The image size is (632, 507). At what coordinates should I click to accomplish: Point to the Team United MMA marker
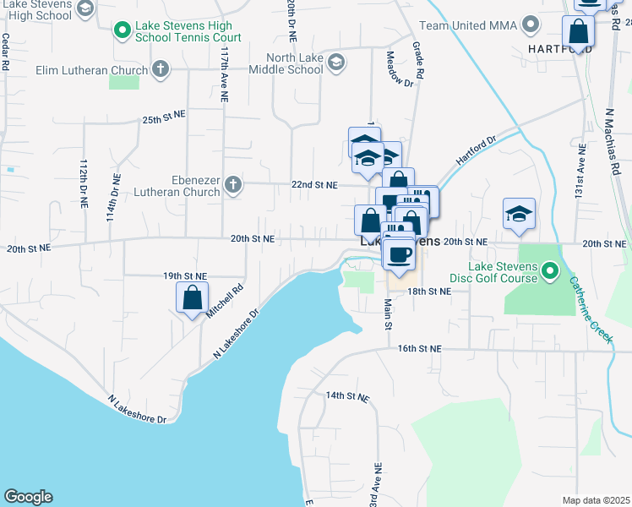(x=531, y=25)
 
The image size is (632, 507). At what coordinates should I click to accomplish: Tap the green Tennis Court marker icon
(x=122, y=32)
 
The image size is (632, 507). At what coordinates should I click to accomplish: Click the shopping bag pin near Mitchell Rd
(x=192, y=297)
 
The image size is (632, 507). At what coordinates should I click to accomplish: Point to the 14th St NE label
(x=348, y=395)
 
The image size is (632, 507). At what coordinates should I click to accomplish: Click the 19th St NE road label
(x=185, y=276)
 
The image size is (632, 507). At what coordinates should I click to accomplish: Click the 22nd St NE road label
(x=314, y=185)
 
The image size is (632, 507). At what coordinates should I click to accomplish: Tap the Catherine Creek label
(x=591, y=309)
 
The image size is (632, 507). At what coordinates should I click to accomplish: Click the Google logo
(x=28, y=497)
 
